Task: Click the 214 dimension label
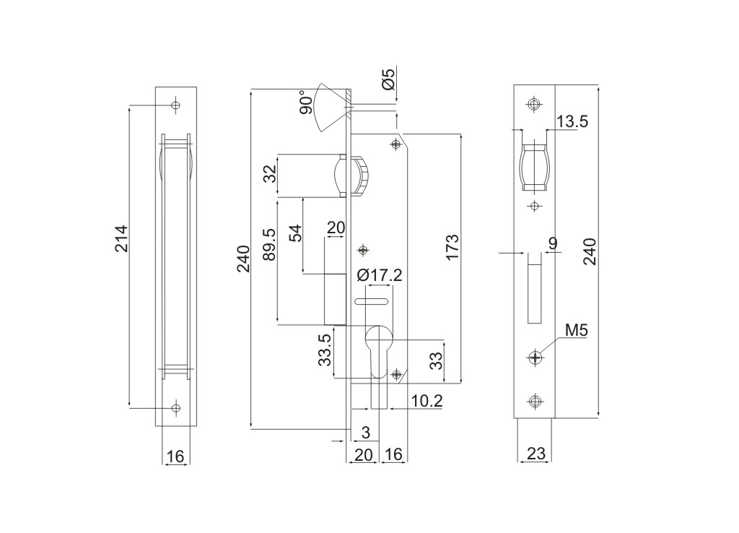[122, 238]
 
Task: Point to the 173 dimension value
[452, 247]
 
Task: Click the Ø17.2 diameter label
[380, 274]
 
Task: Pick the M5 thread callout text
[577, 331]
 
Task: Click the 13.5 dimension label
[572, 121]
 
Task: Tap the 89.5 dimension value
[269, 244]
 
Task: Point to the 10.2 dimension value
[427, 401]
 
